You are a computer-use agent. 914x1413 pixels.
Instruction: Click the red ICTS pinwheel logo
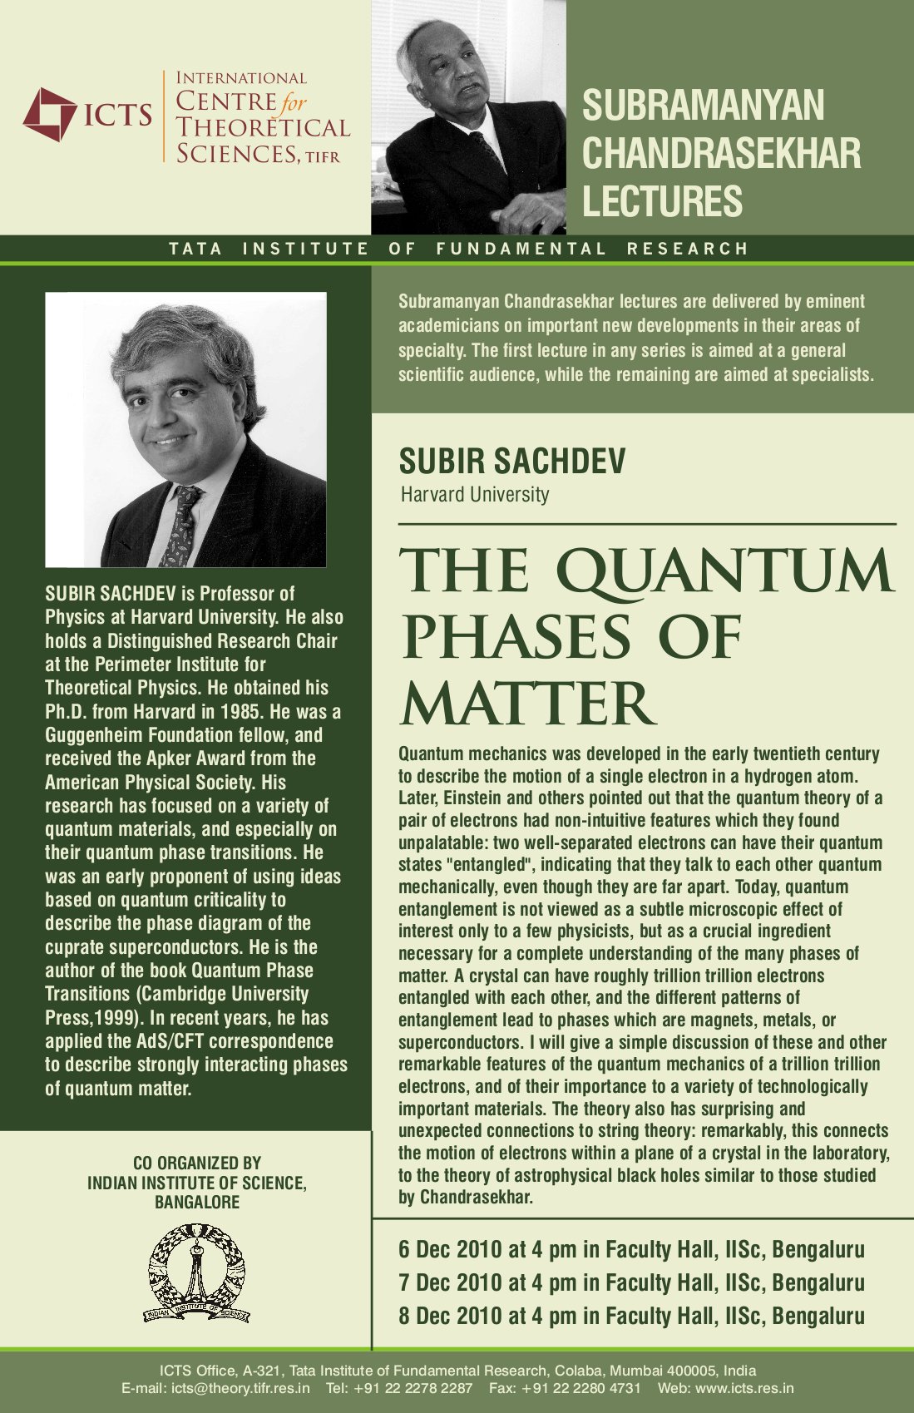[x=49, y=114]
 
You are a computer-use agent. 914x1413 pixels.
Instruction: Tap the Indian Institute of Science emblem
[x=197, y=1273]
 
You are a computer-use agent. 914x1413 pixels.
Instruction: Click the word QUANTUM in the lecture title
[x=724, y=572]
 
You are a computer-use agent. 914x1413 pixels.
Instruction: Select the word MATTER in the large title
[x=526, y=704]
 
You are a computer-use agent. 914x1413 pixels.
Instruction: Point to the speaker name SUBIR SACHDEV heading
[x=511, y=461]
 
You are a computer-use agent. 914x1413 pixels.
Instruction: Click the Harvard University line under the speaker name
[x=475, y=495]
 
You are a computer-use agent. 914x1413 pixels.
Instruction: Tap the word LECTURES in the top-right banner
[x=662, y=201]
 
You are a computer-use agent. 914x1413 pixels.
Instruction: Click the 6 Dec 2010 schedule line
[x=631, y=1249]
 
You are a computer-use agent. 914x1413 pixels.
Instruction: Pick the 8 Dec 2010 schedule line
[x=631, y=1316]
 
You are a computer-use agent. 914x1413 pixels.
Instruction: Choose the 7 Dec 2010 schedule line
[x=631, y=1282]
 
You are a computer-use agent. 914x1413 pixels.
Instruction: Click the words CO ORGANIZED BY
[x=197, y=1163]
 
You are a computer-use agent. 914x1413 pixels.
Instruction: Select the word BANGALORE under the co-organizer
[x=197, y=1202]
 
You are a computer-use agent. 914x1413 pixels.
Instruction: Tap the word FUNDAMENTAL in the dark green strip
[x=521, y=249]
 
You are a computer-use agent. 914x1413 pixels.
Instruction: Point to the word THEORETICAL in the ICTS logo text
[x=263, y=128]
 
